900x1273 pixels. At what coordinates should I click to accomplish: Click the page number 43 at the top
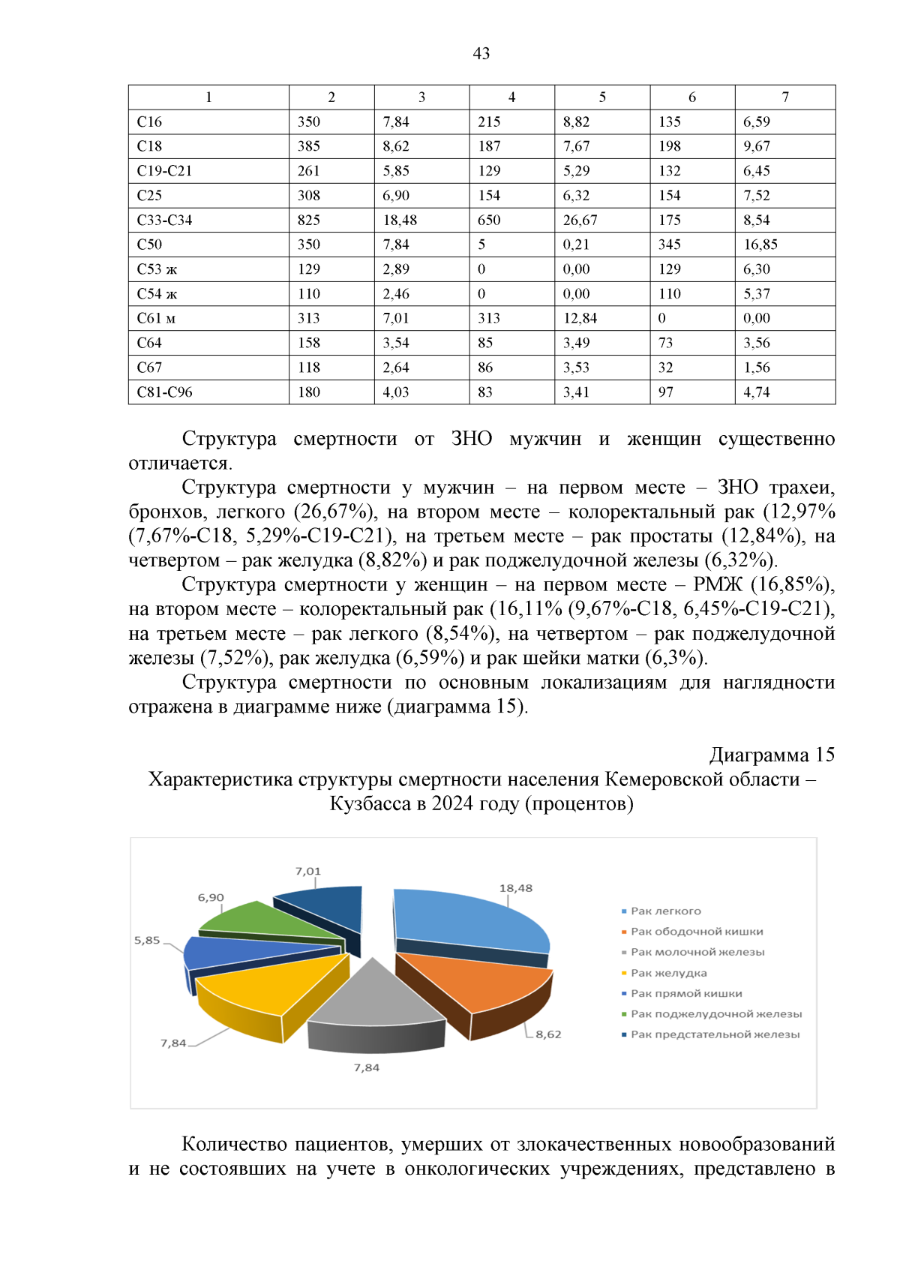[x=481, y=53]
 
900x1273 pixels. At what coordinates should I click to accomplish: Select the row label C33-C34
[x=164, y=220]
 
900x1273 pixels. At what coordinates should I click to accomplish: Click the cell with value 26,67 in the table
[x=580, y=220]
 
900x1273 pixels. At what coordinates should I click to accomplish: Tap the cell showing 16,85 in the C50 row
[x=760, y=245]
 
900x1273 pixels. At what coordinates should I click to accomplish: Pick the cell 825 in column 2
[x=308, y=220]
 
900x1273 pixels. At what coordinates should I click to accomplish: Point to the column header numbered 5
[x=601, y=97]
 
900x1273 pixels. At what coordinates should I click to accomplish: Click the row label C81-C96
[x=164, y=392]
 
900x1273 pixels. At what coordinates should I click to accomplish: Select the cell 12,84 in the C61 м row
[x=580, y=318]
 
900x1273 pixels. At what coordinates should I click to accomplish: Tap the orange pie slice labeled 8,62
[x=480, y=983]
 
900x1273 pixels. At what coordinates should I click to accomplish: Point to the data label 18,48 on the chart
[x=516, y=888]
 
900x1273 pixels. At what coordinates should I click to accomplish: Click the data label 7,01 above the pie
[x=307, y=871]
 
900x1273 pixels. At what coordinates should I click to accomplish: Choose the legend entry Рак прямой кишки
[x=685, y=993]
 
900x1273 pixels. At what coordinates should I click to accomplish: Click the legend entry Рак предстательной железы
[x=714, y=1034]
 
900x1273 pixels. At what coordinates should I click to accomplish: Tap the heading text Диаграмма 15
[x=772, y=755]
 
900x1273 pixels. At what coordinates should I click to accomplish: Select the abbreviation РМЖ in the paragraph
[x=717, y=584]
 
